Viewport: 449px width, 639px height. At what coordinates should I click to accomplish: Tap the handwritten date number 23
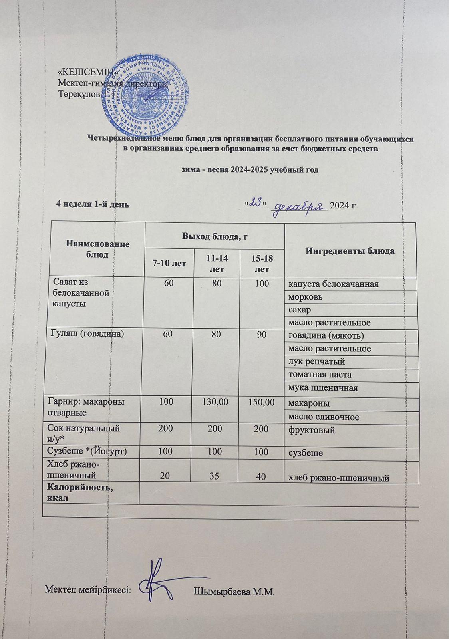[255, 203]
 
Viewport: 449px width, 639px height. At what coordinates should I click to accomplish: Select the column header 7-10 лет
[169, 263]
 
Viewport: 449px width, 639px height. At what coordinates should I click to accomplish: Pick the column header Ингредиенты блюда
[350, 251]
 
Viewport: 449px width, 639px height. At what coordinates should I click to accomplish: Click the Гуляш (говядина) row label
[86, 335]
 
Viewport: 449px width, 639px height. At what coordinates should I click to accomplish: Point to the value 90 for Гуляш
[262, 335]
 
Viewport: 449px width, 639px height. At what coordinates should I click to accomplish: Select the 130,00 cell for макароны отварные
[216, 401]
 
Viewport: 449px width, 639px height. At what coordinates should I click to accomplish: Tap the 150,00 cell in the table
[262, 401]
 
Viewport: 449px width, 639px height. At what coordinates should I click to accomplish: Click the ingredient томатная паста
[320, 375]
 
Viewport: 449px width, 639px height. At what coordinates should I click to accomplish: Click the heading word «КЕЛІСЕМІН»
[88, 73]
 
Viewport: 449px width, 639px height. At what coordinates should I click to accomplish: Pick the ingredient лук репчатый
[316, 361]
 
